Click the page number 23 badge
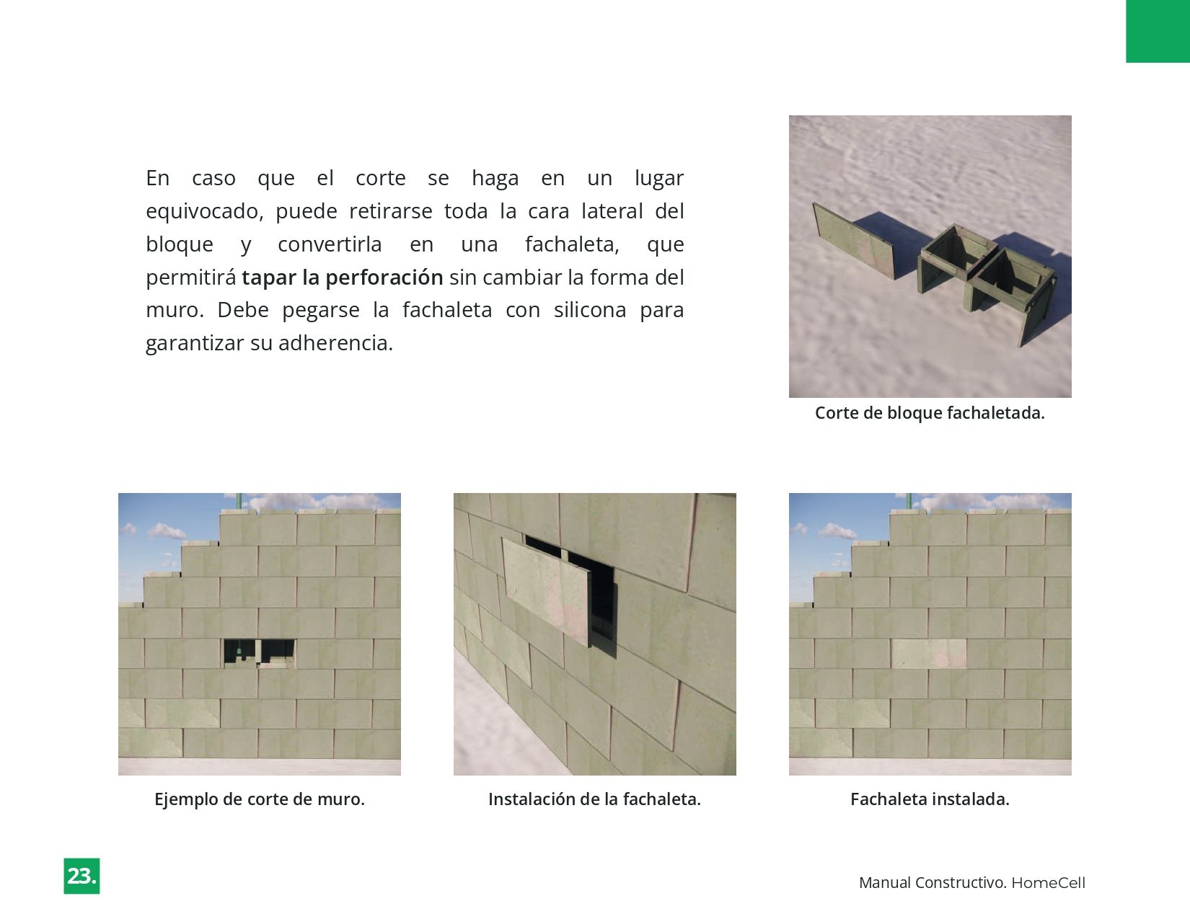pyautogui.click(x=81, y=876)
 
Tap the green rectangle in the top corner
pyautogui.click(x=1158, y=31)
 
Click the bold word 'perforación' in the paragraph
pyautogui.click(x=384, y=278)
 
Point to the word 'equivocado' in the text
pyautogui.click(x=204, y=211)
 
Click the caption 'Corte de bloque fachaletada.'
pyautogui.click(x=930, y=413)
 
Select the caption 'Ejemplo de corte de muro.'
pyautogui.click(x=260, y=799)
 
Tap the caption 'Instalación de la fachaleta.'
pyautogui.click(x=594, y=799)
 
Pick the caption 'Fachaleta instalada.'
pyautogui.click(x=930, y=799)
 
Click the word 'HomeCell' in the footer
pyautogui.click(x=1048, y=883)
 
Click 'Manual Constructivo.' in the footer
pyautogui.click(x=933, y=883)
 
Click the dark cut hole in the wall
pyautogui.click(x=258, y=652)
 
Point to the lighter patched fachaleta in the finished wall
pyautogui.click(x=929, y=653)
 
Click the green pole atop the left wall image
pyautogui.click(x=239, y=502)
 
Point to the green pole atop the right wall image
pyautogui.click(x=909, y=502)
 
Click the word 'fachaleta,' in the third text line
pyautogui.click(x=572, y=244)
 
